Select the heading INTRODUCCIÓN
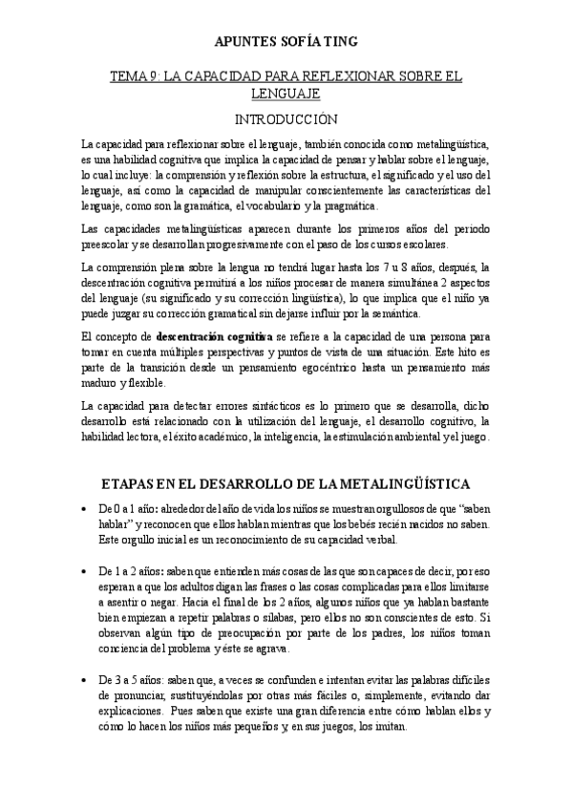coord(286,119)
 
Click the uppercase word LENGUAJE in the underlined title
coord(286,94)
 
